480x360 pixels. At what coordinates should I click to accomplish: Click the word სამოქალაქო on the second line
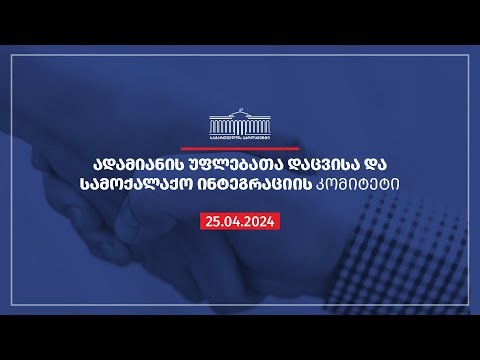click(x=144, y=186)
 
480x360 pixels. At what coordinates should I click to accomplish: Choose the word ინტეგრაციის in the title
click(x=259, y=186)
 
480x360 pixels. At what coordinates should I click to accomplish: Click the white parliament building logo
click(x=240, y=124)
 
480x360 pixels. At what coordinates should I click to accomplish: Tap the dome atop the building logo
click(x=240, y=112)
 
